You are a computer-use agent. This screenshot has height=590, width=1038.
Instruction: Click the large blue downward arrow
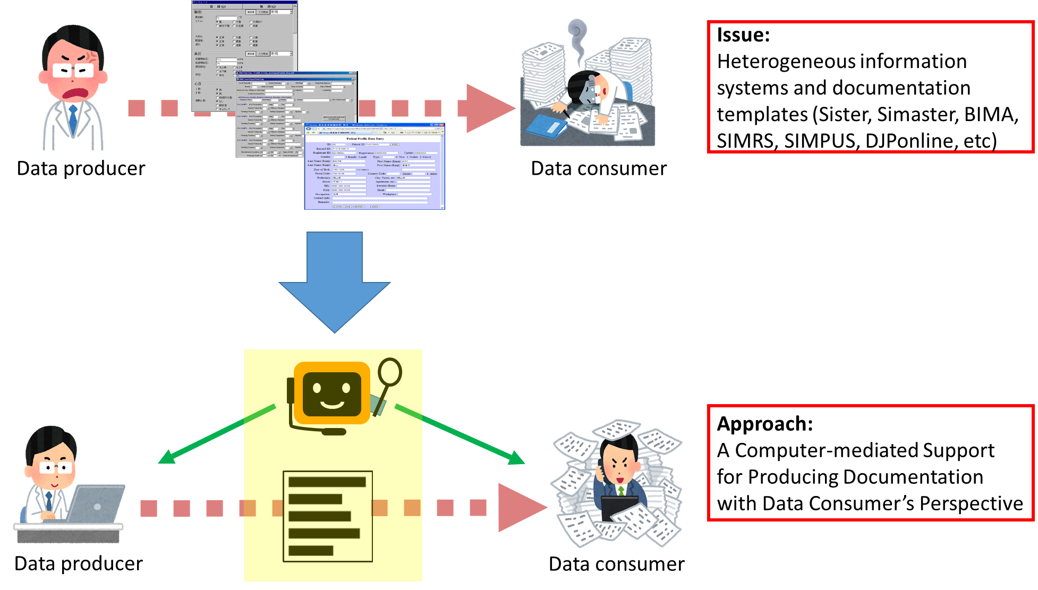point(335,281)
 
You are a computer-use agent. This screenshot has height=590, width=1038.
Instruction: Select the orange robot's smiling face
point(332,394)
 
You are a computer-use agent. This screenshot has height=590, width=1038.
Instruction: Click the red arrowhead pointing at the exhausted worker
point(489,108)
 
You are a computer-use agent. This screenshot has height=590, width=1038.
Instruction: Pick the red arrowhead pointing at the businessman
point(521,508)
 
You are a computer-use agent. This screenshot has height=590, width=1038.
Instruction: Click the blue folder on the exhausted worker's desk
point(547,126)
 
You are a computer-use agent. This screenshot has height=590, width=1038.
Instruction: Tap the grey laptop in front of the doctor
point(96,504)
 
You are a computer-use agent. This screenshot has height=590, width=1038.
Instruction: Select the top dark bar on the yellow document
point(327,482)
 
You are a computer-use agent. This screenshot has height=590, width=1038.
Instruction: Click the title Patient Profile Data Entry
point(365,139)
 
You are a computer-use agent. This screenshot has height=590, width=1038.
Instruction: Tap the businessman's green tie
point(620,491)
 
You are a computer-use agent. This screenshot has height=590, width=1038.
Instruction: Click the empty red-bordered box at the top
point(870,87)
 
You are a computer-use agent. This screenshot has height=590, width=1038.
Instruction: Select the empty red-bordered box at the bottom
point(870,462)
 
